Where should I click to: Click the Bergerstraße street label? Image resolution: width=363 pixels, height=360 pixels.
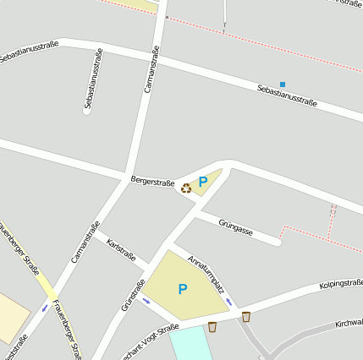(152, 181)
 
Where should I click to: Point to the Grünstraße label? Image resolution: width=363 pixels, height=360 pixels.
(134, 295)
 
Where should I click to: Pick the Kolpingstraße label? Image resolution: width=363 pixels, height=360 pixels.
(341, 284)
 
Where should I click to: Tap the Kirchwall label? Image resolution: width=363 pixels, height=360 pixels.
(349, 323)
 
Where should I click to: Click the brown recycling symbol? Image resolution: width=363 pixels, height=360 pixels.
(186, 188)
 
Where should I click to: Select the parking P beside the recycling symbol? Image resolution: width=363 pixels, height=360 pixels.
(203, 181)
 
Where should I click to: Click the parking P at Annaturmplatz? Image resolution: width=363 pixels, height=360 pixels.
(183, 289)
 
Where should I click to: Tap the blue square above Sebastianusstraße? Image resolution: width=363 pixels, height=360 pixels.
(283, 85)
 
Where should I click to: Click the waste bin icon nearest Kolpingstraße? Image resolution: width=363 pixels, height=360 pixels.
(246, 317)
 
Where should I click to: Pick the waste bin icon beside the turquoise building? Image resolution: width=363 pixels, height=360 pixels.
(212, 326)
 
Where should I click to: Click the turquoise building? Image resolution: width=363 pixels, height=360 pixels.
(190, 344)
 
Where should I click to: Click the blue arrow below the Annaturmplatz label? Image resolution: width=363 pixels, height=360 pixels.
(229, 301)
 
